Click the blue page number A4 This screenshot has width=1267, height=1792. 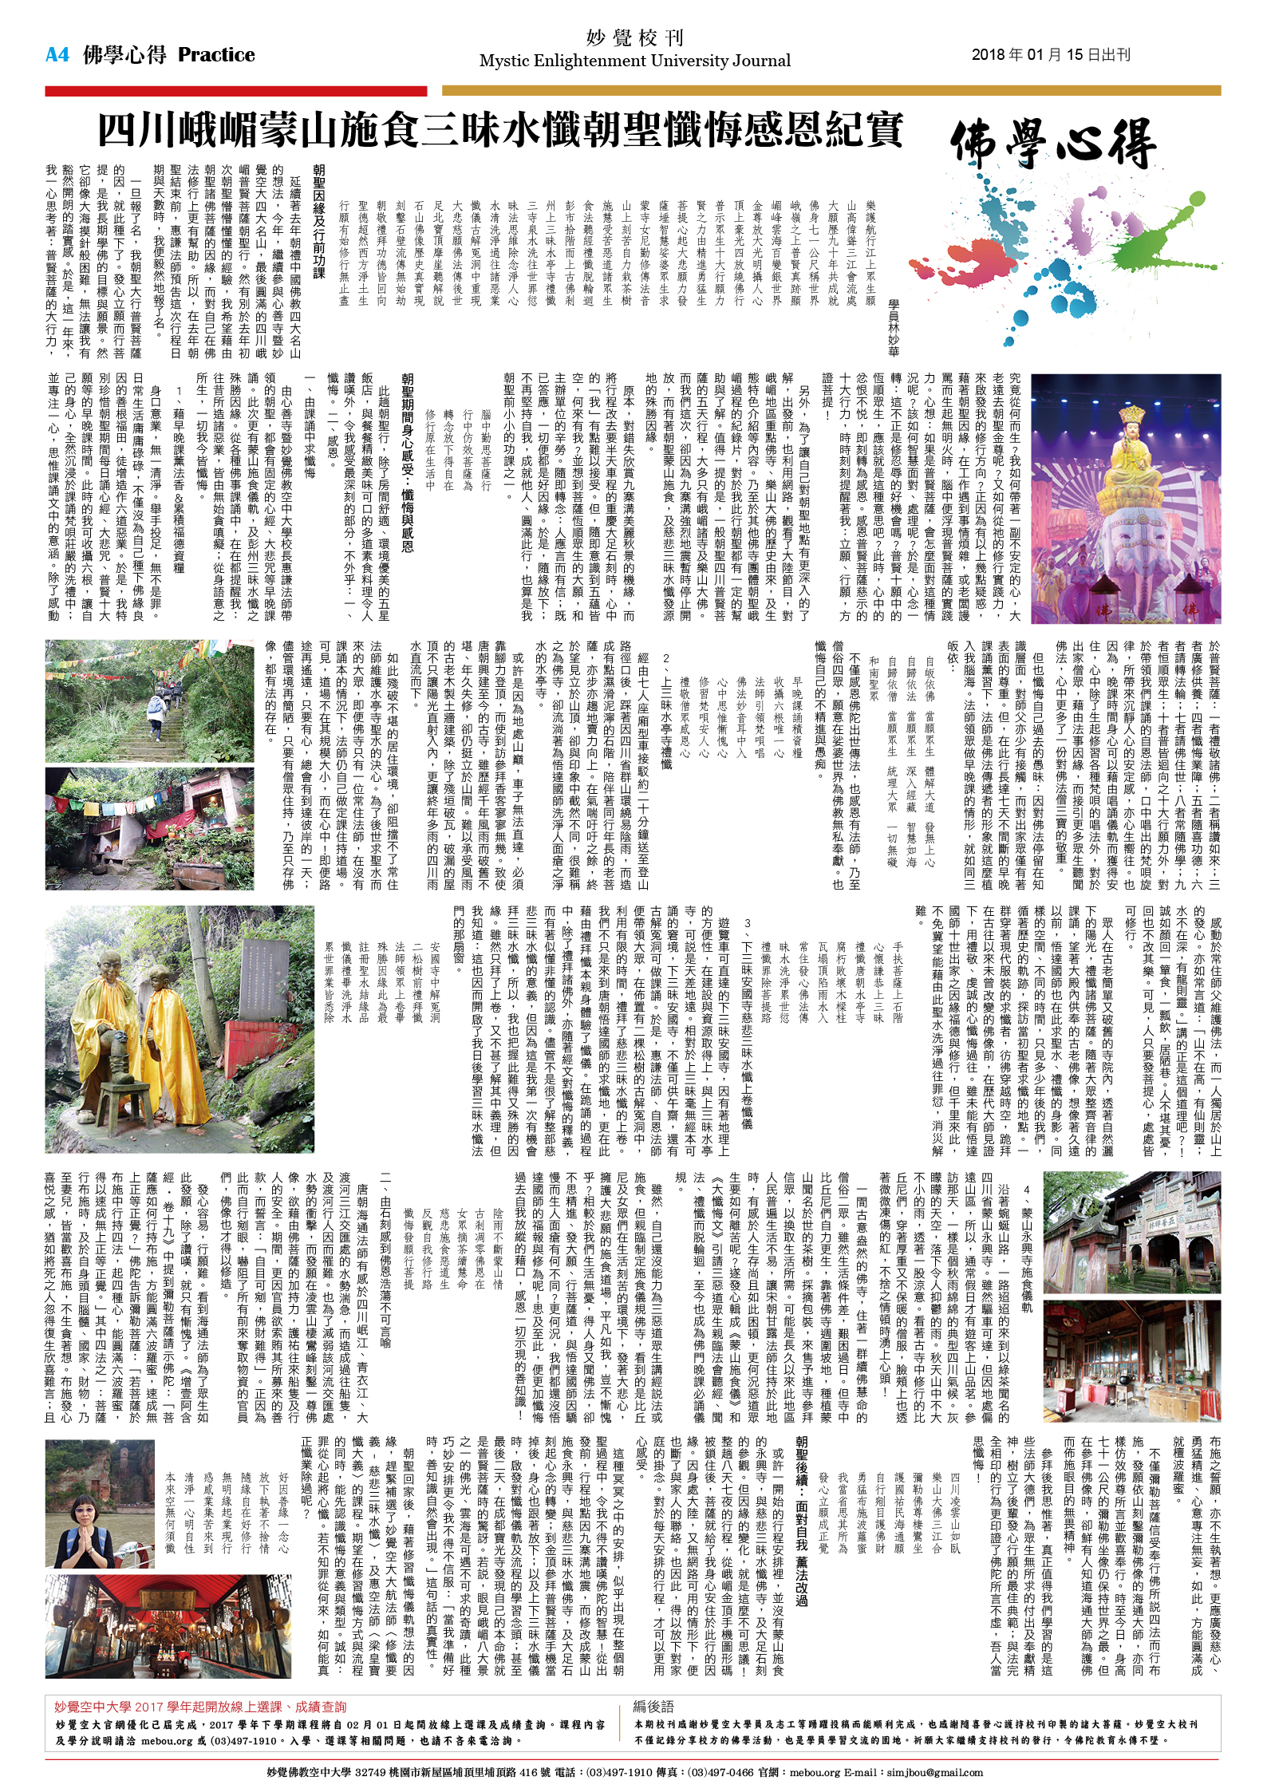tap(57, 55)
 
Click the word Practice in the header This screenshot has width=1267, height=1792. tap(216, 55)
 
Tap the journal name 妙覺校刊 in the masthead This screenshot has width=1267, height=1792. tap(635, 37)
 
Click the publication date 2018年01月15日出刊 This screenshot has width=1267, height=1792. tap(1051, 55)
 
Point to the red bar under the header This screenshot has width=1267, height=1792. tap(235, 91)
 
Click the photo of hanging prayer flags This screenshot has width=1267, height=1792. tap(148, 828)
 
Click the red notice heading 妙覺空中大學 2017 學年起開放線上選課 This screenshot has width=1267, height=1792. tap(199, 1707)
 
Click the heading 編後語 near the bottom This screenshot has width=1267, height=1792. tap(653, 1707)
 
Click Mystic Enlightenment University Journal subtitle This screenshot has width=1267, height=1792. tap(635, 61)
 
